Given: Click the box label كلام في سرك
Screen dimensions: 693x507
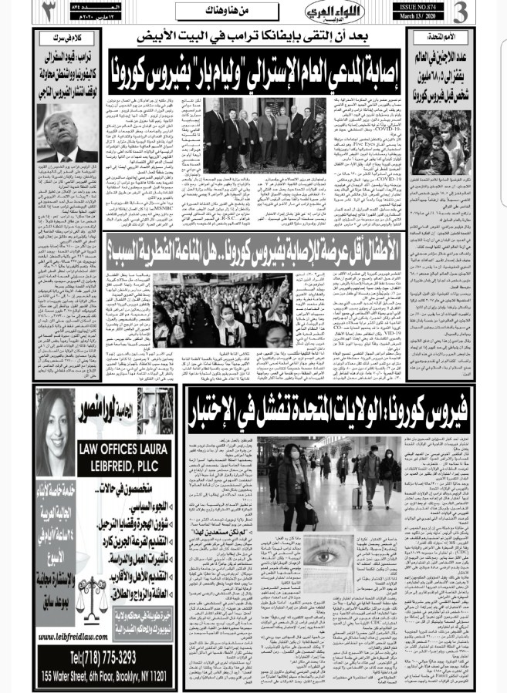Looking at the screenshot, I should (x=67, y=36).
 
